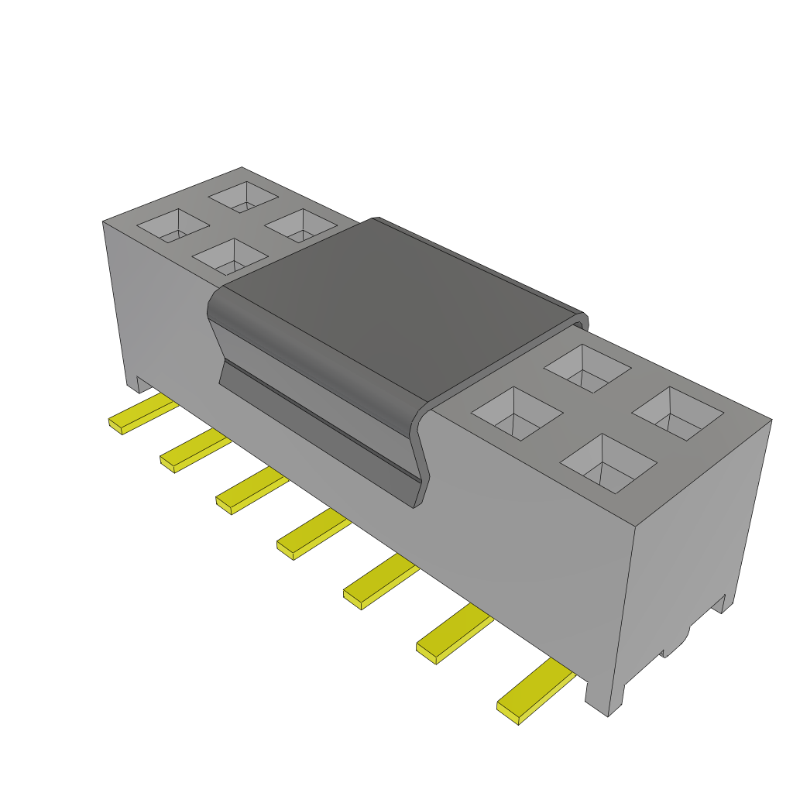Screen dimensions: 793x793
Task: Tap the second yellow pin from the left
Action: [x=194, y=452]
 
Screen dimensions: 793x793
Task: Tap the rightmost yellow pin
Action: [x=534, y=693]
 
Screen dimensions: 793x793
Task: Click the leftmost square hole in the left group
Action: [x=173, y=225]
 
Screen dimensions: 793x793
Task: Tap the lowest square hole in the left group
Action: [x=229, y=256]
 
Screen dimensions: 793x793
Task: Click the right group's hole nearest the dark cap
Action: [x=517, y=414]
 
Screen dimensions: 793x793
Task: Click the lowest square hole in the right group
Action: [x=608, y=463]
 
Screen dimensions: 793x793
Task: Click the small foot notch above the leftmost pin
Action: [x=132, y=384]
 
